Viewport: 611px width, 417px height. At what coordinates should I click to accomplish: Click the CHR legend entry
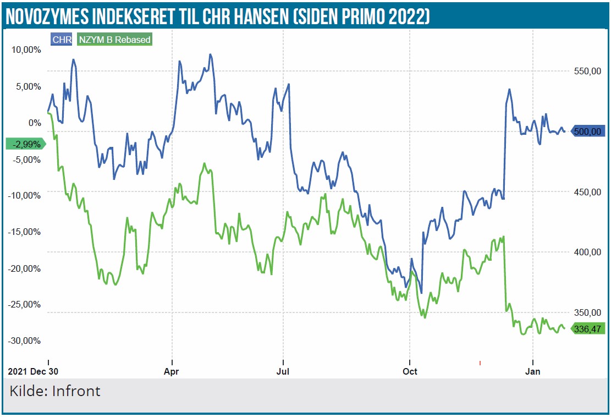(62, 40)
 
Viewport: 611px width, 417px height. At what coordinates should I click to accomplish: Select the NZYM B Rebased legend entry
(114, 40)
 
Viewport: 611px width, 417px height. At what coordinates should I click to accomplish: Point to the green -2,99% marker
(25, 144)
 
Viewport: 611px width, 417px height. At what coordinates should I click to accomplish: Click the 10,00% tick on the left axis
(26, 50)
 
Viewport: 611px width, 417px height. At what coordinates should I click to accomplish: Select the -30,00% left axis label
(25, 341)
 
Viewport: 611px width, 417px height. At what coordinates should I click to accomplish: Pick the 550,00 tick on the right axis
(585, 71)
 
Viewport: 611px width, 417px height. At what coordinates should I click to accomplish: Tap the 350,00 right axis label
(585, 312)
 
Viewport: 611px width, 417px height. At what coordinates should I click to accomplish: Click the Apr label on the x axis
(172, 372)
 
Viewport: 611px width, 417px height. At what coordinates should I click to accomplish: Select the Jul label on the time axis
(283, 372)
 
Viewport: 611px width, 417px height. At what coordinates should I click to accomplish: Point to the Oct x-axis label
(410, 372)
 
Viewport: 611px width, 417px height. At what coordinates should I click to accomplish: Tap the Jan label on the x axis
(533, 372)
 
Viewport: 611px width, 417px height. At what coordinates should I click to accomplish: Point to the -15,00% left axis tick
(25, 232)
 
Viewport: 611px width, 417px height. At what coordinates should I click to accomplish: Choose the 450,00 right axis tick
(585, 192)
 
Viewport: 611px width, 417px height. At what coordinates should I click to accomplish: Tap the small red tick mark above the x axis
(480, 363)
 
